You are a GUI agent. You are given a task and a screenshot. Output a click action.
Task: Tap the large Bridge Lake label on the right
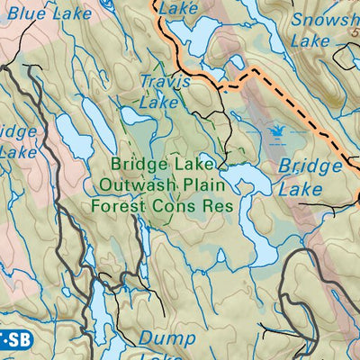(x=309, y=177)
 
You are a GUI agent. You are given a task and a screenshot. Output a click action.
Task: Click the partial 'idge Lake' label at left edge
(x=16, y=141)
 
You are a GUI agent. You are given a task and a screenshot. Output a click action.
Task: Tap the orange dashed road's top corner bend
(x=254, y=69)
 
